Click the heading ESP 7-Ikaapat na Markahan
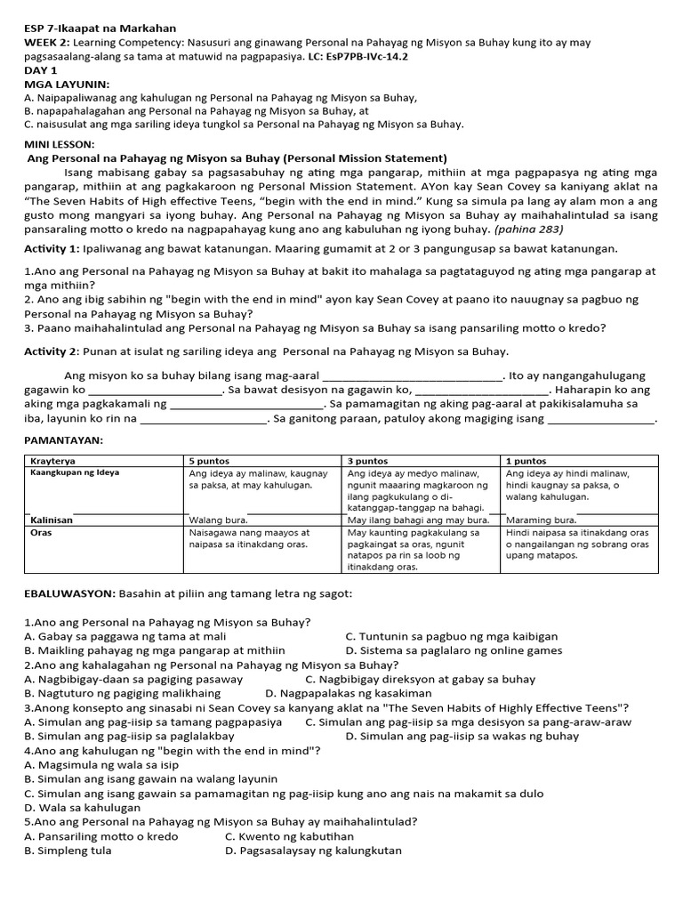click(x=100, y=28)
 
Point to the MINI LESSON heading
click(x=59, y=144)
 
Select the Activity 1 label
click(x=52, y=248)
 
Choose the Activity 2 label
click(x=52, y=351)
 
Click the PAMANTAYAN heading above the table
click(x=63, y=440)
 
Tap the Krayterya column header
click(x=52, y=460)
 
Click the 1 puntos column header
click(x=526, y=460)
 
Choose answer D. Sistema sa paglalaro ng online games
click(x=454, y=650)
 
